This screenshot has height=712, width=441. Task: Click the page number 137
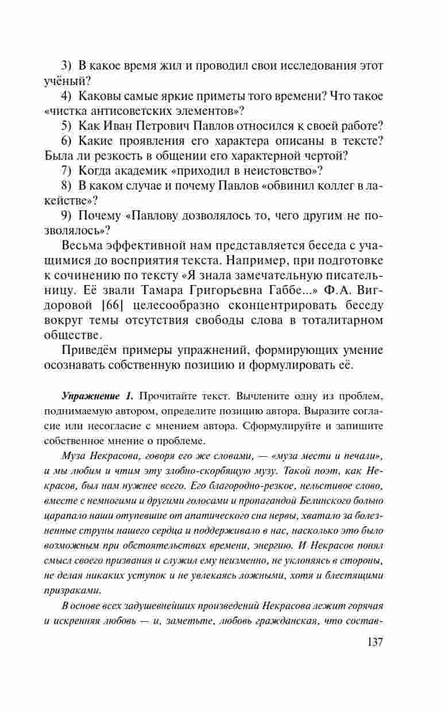pos(371,641)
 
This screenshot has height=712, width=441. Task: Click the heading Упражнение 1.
pos(96,396)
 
